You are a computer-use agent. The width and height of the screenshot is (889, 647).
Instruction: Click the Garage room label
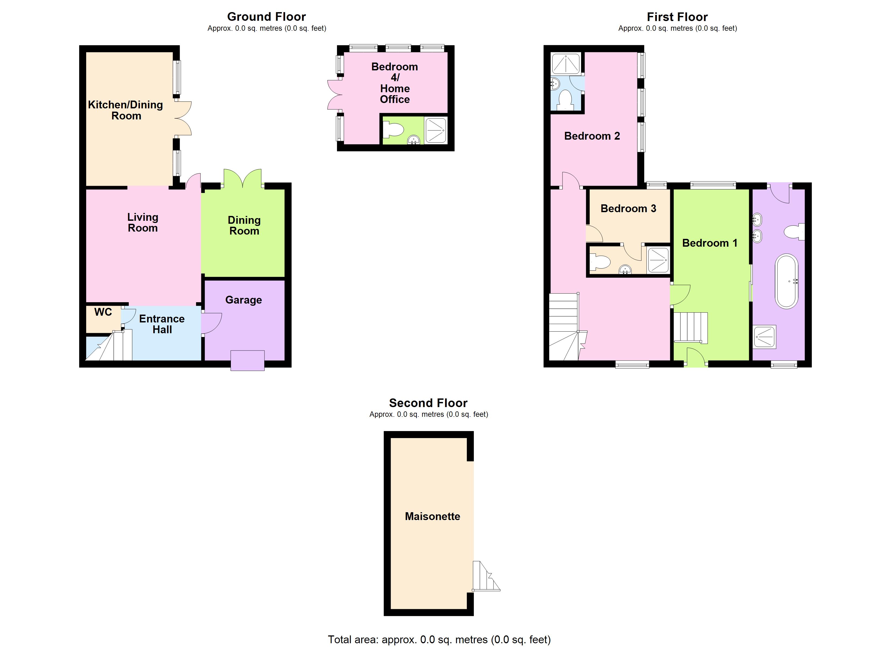pyautogui.click(x=244, y=300)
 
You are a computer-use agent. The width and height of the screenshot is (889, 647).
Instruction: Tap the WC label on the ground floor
pyautogui.click(x=103, y=312)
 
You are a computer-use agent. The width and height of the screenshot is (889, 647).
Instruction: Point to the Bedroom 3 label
pyautogui.click(x=628, y=209)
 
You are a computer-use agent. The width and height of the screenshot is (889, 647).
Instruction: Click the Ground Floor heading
pyautogui.click(x=266, y=17)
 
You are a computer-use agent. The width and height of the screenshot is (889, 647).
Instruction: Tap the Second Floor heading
pyautogui.click(x=428, y=403)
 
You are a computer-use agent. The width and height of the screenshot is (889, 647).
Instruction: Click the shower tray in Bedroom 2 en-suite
pyautogui.click(x=566, y=64)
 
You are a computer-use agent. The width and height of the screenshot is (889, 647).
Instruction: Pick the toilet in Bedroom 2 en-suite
pyautogui.click(x=566, y=99)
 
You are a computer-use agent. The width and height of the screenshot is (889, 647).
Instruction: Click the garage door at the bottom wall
pyautogui.click(x=247, y=360)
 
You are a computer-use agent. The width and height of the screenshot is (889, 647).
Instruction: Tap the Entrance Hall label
pyautogui.click(x=162, y=324)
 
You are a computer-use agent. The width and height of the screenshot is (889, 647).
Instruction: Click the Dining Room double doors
pyautogui.click(x=243, y=178)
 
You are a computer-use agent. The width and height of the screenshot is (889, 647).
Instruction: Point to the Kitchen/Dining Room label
pyautogui.click(x=126, y=110)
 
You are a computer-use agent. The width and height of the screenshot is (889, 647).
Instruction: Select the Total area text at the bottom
pyautogui.click(x=439, y=639)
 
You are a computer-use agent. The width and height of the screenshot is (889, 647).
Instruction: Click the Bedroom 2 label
pyautogui.click(x=592, y=136)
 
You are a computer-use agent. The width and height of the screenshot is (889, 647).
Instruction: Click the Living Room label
pyautogui.click(x=143, y=222)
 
